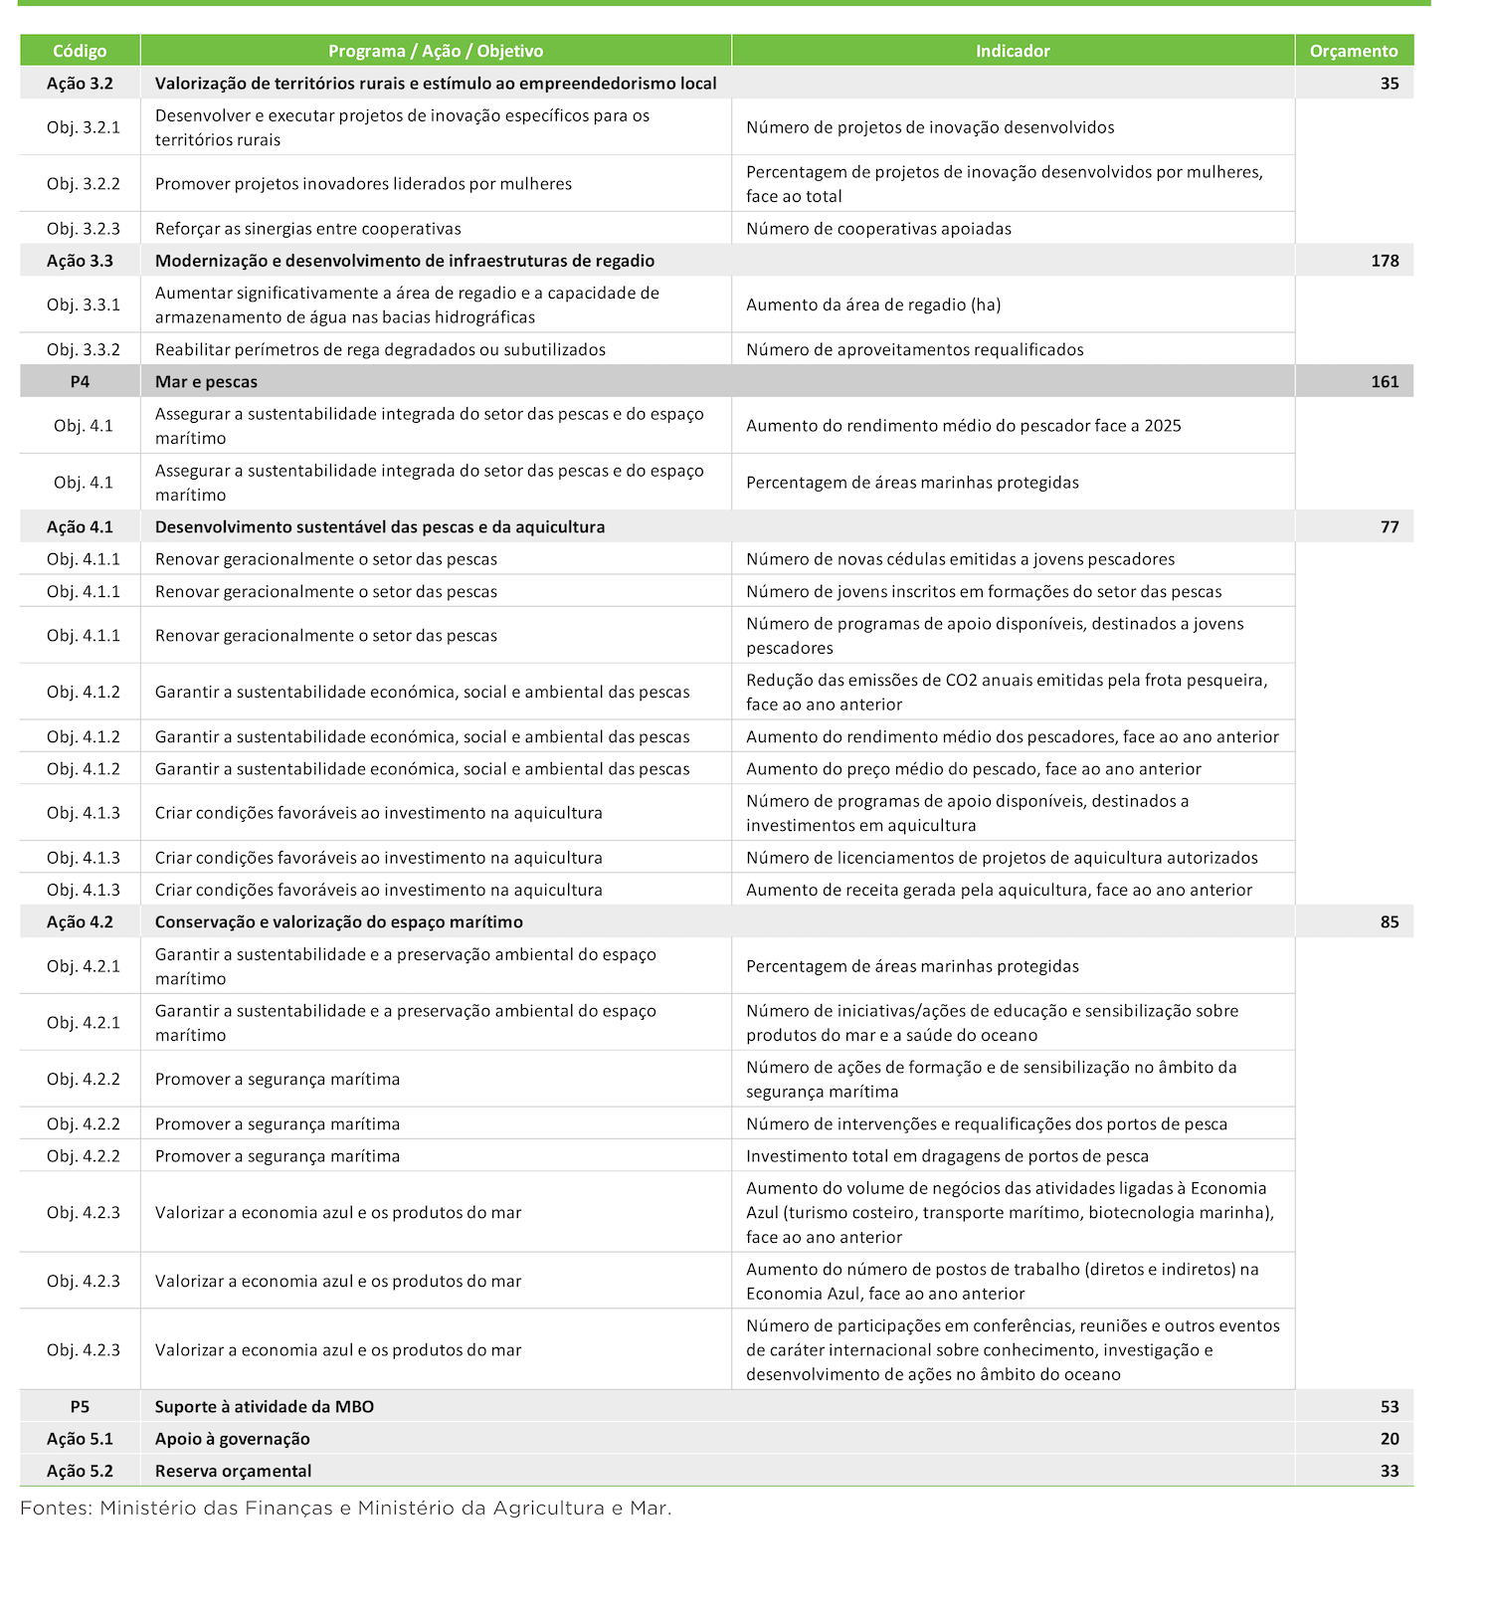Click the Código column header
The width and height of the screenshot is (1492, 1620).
tap(80, 51)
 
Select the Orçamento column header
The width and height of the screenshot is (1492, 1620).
tap(1353, 51)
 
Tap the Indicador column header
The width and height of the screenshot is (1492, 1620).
tap(1013, 51)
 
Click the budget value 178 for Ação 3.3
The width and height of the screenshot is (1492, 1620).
tap(1384, 261)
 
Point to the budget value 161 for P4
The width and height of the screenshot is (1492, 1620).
tap(1384, 382)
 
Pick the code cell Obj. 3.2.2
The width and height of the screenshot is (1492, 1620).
tap(83, 184)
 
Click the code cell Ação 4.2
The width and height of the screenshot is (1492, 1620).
tap(80, 922)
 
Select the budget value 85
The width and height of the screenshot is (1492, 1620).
tap(1389, 922)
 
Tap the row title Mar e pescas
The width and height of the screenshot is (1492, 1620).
tap(206, 382)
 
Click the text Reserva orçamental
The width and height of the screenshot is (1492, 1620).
tap(233, 1471)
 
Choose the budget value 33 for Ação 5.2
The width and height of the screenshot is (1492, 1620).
tap(1389, 1471)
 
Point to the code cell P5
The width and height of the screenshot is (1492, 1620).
tap(80, 1407)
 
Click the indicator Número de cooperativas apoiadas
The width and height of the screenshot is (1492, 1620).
tap(878, 229)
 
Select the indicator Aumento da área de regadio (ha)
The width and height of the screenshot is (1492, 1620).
tap(873, 304)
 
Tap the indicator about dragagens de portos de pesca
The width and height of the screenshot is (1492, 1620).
tap(947, 1156)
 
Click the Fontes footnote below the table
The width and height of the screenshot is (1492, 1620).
tap(346, 1509)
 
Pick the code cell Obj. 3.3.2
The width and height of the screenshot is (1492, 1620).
tap(83, 350)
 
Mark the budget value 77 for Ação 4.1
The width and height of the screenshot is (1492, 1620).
tap(1389, 527)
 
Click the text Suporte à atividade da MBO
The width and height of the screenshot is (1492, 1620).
tap(264, 1407)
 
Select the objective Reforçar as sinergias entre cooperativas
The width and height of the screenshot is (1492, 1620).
tap(307, 229)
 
